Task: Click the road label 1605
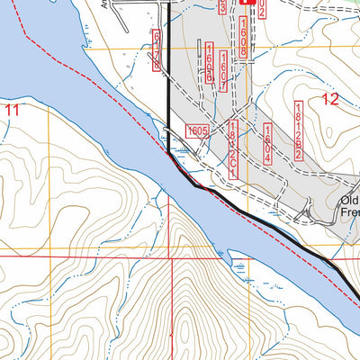tap(197, 131)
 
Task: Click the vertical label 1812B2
tap(298, 130)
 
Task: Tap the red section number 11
tap(12, 110)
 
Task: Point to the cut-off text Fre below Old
tap(350, 214)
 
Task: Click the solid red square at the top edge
tap(246, 3)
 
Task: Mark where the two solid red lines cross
tap(170, 256)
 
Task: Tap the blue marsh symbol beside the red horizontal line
tap(238, 265)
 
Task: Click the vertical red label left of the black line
tap(158, 49)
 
